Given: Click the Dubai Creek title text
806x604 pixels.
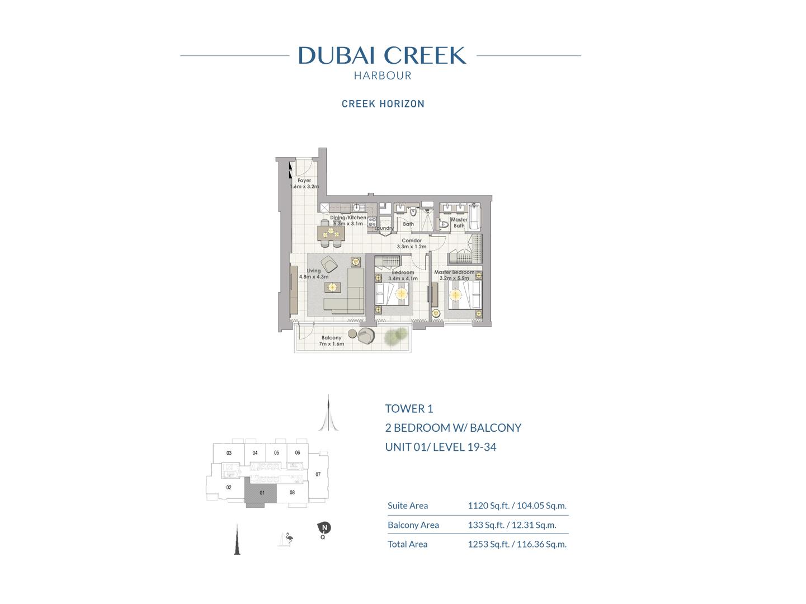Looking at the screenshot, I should click(x=382, y=55).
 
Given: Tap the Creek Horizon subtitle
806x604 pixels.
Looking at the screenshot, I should click(x=383, y=104).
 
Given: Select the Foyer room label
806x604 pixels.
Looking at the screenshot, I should click(x=304, y=181).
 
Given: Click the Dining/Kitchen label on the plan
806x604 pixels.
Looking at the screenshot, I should click(x=348, y=218).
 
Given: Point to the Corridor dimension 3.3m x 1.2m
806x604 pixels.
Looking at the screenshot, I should click(x=412, y=247).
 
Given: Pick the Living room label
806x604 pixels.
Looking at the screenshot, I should click(x=314, y=271).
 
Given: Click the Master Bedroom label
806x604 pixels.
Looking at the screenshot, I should click(x=454, y=272).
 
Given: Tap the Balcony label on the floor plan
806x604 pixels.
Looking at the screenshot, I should click(x=331, y=338).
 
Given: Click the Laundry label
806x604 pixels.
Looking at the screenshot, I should click(x=384, y=228).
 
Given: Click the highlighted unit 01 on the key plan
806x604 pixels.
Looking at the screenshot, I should click(x=261, y=493).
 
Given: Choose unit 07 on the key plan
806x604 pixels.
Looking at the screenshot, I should click(x=318, y=474).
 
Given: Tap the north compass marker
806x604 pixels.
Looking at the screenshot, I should click(x=324, y=528).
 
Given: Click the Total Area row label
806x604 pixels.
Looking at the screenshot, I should click(x=407, y=544).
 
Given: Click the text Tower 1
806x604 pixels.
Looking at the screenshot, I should click(x=409, y=409).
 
